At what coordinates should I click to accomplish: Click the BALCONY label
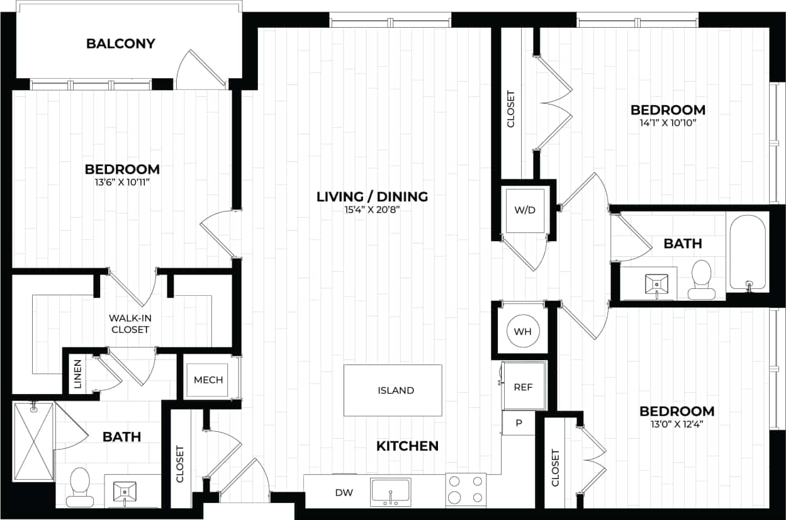pyautogui.click(x=120, y=43)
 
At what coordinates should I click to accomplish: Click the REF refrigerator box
pyautogui.click(x=523, y=387)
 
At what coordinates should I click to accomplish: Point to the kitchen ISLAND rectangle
pyautogui.click(x=393, y=390)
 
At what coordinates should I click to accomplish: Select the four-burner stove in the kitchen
pyautogui.click(x=466, y=490)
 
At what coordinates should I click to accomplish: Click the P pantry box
pyautogui.click(x=519, y=423)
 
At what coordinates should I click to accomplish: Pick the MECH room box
pyautogui.click(x=208, y=380)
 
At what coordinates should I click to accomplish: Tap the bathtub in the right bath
pyautogui.click(x=747, y=251)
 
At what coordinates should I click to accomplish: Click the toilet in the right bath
pyautogui.click(x=700, y=280)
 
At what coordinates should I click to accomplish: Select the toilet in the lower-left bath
pyautogui.click(x=80, y=487)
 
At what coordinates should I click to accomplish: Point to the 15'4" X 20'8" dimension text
pyautogui.click(x=372, y=210)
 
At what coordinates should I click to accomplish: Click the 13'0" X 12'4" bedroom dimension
pyautogui.click(x=677, y=424)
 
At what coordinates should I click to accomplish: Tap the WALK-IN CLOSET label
pyautogui.click(x=130, y=324)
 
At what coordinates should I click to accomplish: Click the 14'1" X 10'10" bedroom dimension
pyautogui.click(x=668, y=123)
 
